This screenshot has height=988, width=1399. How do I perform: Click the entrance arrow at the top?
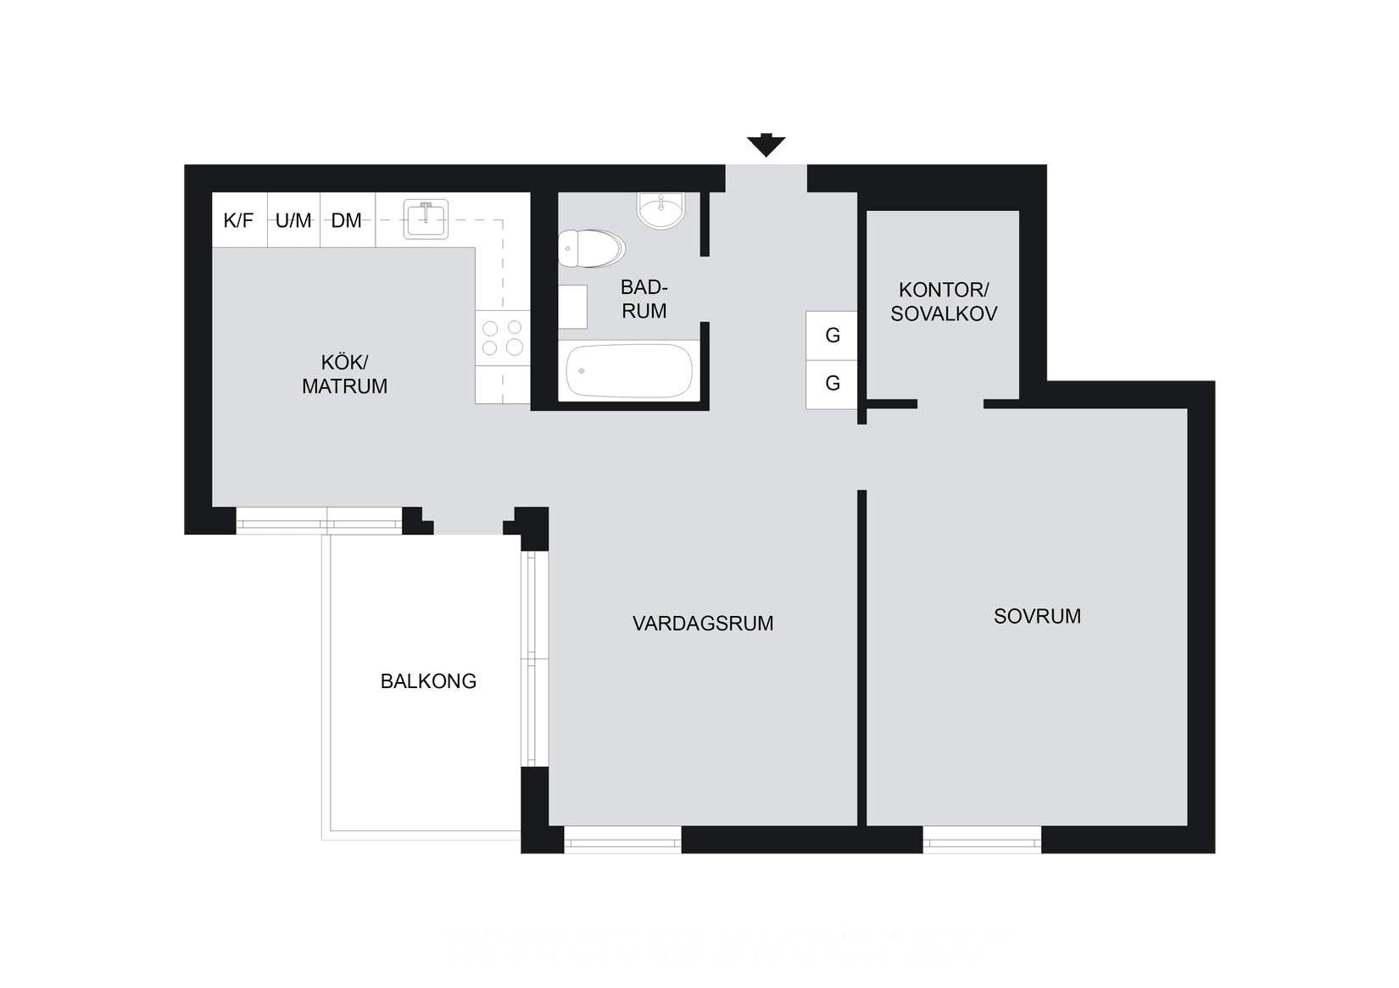pos(766,146)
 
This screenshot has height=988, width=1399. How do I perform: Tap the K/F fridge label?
pos(238,221)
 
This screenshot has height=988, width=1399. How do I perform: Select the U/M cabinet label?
pos(293,221)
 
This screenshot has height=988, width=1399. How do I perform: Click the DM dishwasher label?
pos(346,221)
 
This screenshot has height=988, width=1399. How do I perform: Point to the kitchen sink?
pos(425,219)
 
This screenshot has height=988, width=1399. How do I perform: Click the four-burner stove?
pos(502,336)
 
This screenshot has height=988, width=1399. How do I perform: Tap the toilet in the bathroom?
pos(591,248)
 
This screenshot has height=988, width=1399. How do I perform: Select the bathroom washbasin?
pos(660,209)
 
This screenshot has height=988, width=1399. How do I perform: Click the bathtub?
pos(629,371)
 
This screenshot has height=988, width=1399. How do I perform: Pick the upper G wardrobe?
pos(833,336)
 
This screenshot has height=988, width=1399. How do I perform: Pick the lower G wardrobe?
pos(833,384)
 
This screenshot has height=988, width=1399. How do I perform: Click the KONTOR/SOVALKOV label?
pos(943,302)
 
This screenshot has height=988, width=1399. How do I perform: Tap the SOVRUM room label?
pos(1037,616)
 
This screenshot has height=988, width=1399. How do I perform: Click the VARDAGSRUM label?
pos(703,624)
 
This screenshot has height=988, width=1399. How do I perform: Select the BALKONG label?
pos(428,681)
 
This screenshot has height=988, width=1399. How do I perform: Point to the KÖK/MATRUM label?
pos(344,375)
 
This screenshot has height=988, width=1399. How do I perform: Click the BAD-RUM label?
pos(644,298)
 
